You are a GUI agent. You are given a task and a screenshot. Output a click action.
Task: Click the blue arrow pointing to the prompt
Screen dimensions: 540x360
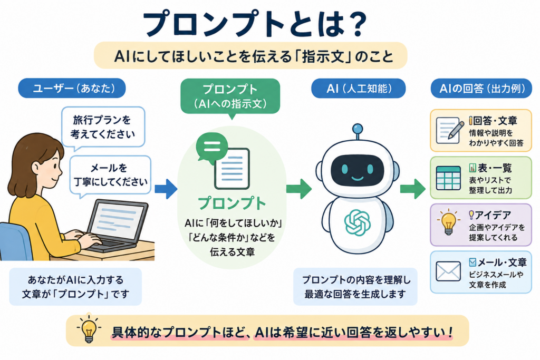[166, 189]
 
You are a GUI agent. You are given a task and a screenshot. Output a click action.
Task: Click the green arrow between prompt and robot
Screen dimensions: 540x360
[298, 189]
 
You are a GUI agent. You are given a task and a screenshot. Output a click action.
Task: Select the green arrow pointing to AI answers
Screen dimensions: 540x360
[412, 189]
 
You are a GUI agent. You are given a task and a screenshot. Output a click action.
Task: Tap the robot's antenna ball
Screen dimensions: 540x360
[358, 129]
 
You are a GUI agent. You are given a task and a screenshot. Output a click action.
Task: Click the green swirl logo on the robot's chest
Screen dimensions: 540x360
[357, 222]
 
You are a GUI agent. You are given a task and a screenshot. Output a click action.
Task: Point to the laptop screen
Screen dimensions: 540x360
[117, 220]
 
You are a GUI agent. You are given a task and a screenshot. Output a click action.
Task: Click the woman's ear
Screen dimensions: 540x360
[36, 168]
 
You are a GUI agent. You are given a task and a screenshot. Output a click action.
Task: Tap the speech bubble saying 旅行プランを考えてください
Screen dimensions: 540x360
[103, 128]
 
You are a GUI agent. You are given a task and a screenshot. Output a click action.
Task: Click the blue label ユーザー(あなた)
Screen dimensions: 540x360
[72, 88]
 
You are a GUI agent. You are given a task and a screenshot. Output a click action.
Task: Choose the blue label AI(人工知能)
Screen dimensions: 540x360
[358, 89]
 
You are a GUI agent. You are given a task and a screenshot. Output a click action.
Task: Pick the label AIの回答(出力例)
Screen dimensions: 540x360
[481, 89]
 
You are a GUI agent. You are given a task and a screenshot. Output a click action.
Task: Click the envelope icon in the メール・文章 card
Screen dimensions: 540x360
[448, 271]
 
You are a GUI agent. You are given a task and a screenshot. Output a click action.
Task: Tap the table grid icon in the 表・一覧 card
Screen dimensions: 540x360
[448, 178]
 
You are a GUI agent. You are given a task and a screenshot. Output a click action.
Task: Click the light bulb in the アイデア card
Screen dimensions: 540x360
[448, 222]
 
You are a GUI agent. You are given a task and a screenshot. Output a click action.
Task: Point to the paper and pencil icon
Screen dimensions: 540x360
[449, 130]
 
